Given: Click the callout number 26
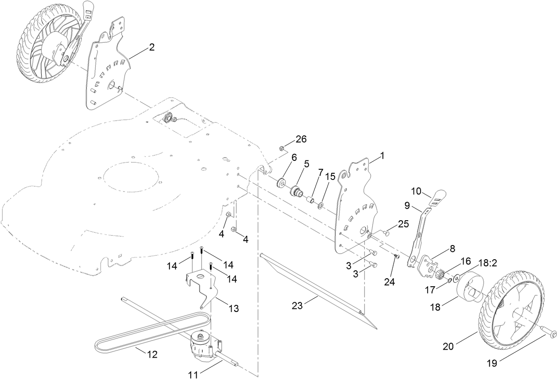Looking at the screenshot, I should (301, 139).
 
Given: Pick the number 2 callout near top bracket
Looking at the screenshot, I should (152, 47).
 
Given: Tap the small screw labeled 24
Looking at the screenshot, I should (397, 257).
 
